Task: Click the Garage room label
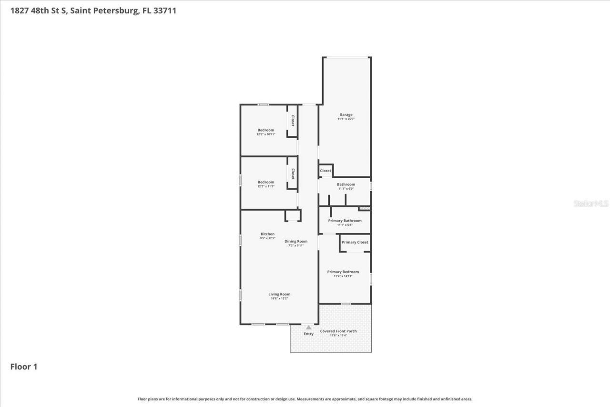pyautogui.click(x=346, y=114)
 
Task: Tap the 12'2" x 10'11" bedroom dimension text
pyautogui.click(x=266, y=134)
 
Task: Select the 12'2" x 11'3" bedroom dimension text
pyautogui.click(x=266, y=186)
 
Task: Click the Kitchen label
pyautogui.click(x=267, y=234)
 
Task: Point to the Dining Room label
pyautogui.click(x=296, y=241)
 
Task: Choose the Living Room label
pyautogui.click(x=279, y=294)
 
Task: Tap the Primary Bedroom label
pyautogui.click(x=343, y=272)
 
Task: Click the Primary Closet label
pyautogui.click(x=355, y=242)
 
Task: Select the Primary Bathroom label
pyautogui.click(x=345, y=221)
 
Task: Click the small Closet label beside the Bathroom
pyautogui.click(x=325, y=171)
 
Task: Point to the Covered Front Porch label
pyautogui.click(x=338, y=331)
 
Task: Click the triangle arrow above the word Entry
pyautogui.click(x=309, y=327)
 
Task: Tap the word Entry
pyautogui.click(x=309, y=334)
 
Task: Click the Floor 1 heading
pyautogui.click(x=24, y=367)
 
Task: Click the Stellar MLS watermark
pyautogui.click(x=591, y=203)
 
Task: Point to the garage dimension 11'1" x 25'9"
pyautogui.click(x=346, y=119)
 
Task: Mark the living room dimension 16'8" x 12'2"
pyautogui.click(x=279, y=298)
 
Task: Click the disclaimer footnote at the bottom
pyautogui.click(x=305, y=399)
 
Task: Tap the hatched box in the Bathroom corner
pyautogui.click(x=365, y=208)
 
